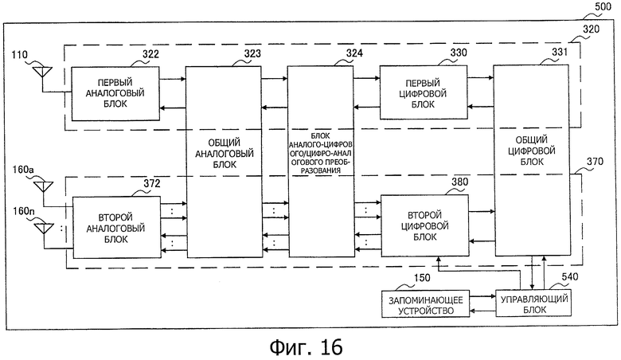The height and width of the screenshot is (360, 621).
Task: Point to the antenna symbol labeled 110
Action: pyautogui.click(x=42, y=72)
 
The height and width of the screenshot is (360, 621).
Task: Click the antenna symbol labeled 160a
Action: pyautogui.click(x=43, y=187)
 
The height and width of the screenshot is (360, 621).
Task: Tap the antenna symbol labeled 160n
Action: pyautogui.click(x=44, y=229)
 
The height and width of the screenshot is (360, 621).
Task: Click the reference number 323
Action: pyautogui.click(x=252, y=53)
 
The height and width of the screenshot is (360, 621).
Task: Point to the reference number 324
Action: pyautogui.click(x=354, y=53)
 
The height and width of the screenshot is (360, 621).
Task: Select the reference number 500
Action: pyautogui.click(x=603, y=6)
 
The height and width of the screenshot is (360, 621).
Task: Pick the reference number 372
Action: pyautogui.click(x=152, y=183)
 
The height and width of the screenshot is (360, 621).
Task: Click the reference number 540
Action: pyautogui.click(x=569, y=277)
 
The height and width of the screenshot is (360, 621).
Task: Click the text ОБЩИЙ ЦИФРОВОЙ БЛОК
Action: pyautogui.click(x=532, y=151)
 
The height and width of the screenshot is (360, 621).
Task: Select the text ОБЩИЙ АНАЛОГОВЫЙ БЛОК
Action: pyautogui.click(x=225, y=154)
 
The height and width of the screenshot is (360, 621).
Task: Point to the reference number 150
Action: pyautogui.click(x=421, y=278)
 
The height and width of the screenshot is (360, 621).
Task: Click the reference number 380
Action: pyautogui.click(x=460, y=182)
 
